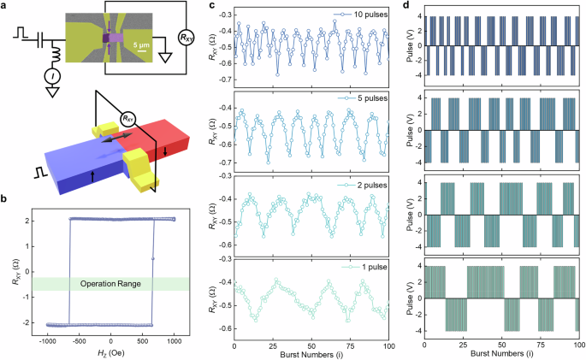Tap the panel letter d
pyautogui.click(x=409, y=8)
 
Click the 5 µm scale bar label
pyautogui.click(x=145, y=47)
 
